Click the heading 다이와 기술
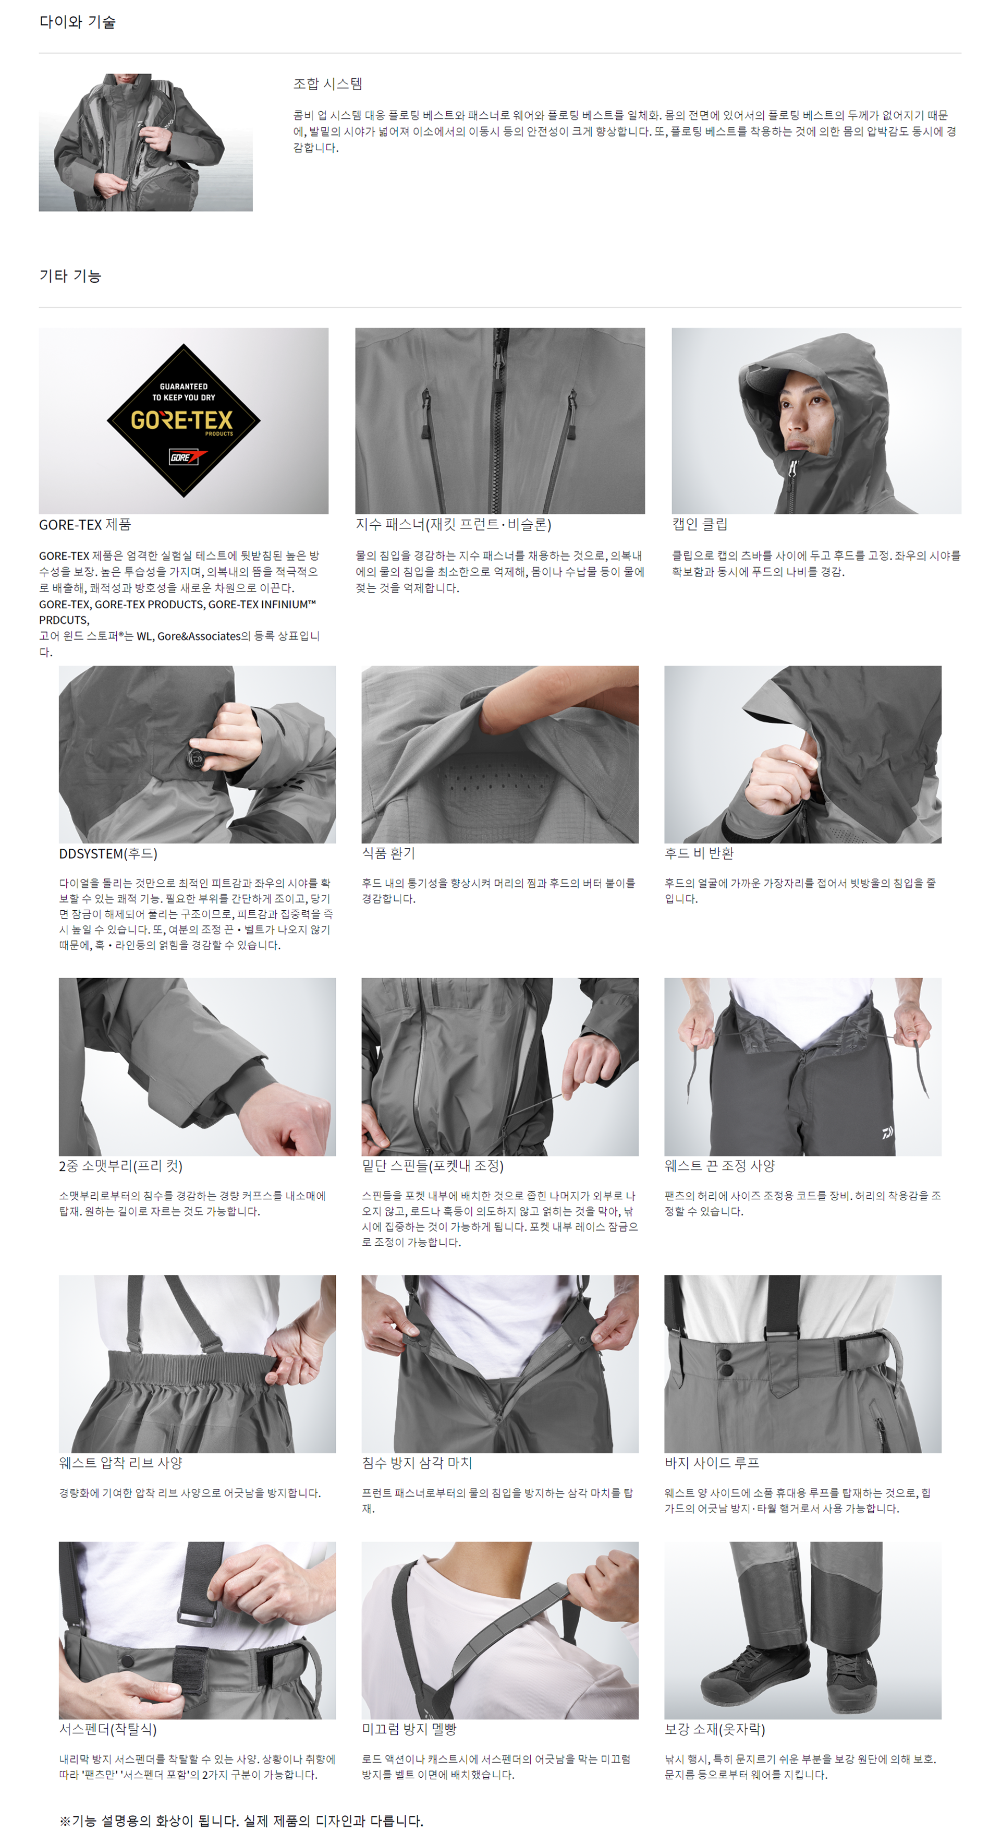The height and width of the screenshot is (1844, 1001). click(x=77, y=22)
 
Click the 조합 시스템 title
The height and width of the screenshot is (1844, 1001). click(x=328, y=84)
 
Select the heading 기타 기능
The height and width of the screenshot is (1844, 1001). click(x=70, y=276)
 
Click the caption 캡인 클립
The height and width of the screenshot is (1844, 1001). click(x=699, y=525)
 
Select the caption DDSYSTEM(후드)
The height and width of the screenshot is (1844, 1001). click(x=108, y=854)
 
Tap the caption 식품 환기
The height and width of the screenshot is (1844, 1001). click(x=388, y=853)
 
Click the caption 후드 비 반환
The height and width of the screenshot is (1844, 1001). click(x=699, y=853)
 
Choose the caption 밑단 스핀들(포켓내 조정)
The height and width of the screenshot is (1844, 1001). click(x=433, y=1166)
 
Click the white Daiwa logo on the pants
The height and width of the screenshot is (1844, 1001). click(x=888, y=1133)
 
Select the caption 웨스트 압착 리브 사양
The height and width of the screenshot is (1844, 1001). click(x=121, y=1463)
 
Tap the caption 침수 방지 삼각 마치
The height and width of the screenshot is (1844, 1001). click(x=417, y=1463)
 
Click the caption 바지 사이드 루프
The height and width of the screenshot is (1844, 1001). click(x=712, y=1463)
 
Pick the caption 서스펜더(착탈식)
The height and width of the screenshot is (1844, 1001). click(x=108, y=1729)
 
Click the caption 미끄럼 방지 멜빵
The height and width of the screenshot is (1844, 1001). click(x=409, y=1729)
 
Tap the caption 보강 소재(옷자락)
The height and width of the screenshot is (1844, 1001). click(x=715, y=1729)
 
